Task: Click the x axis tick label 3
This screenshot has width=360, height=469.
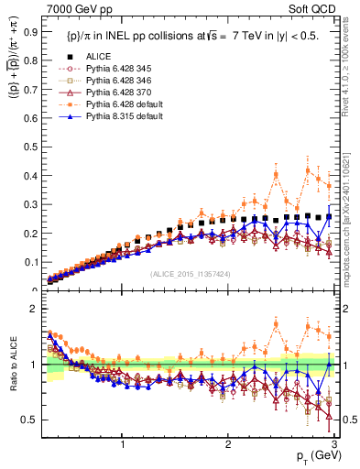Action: [334, 442]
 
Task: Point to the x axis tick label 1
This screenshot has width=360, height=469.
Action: [123, 442]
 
